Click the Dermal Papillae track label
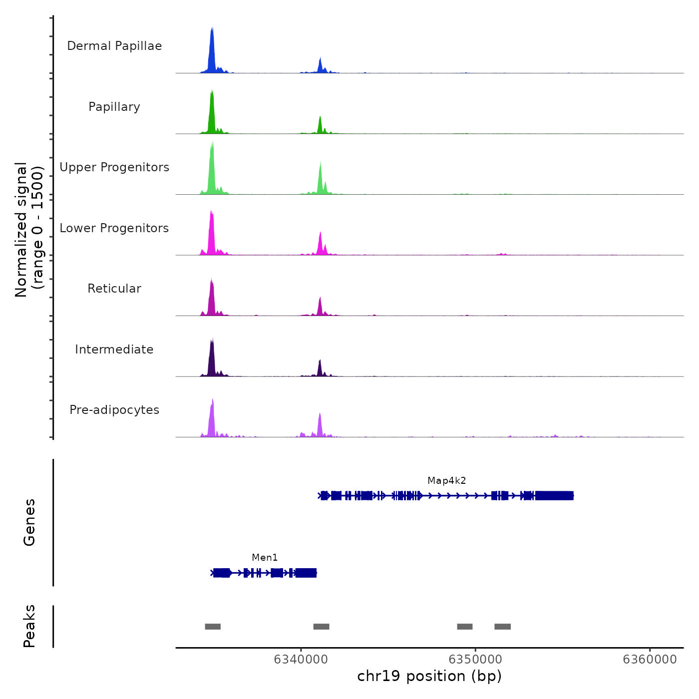pyautogui.click(x=114, y=46)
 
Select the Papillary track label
pyautogui.click(x=114, y=107)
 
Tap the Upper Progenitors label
pyautogui.click(x=114, y=167)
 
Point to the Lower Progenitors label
pyautogui.click(x=114, y=228)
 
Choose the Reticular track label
pyautogui.click(x=114, y=289)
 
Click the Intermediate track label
pyautogui.click(x=114, y=349)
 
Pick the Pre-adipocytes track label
pyautogui.click(x=114, y=410)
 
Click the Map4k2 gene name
pyautogui.click(x=446, y=481)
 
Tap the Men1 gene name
pyautogui.click(x=265, y=558)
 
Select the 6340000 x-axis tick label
pyautogui.click(x=301, y=660)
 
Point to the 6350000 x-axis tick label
pyautogui.click(x=475, y=660)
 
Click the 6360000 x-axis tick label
pyautogui.click(x=650, y=660)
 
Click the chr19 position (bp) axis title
pyautogui.click(x=429, y=676)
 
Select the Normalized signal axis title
pyautogui.click(x=29, y=230)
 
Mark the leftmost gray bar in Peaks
pyautogui.click(x=213, y=627)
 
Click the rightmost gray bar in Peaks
pyautogui.click(x=502, y=627)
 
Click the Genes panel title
pyautogui.click(x=29, y=522)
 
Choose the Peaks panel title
pyautogui.click(x=29, y=626)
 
